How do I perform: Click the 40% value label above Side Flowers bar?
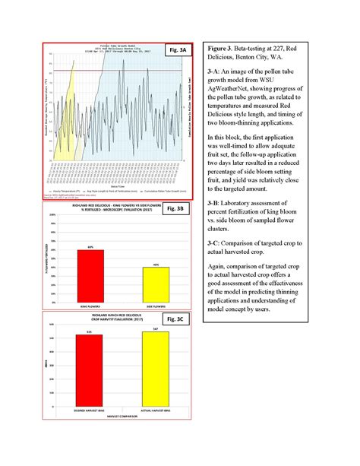tap(155, 265)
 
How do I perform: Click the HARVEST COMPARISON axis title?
tap(122, 417)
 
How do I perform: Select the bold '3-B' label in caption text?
tap(213, 206)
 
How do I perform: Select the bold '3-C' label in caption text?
tap(213, 241)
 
